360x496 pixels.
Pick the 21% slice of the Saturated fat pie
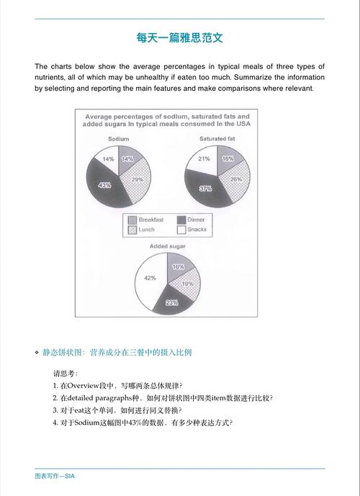click(x=202, y=160)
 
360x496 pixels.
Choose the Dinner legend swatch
click(x=181, y=220)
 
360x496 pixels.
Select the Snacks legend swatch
click(x=181, y=230)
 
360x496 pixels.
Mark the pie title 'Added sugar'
click(x=167, y=246)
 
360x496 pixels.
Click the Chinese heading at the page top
click(x=179, y=37)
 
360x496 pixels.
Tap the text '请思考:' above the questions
click(x=66, y=373)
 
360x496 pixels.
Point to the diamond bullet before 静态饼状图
click(x=37, y=353)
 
